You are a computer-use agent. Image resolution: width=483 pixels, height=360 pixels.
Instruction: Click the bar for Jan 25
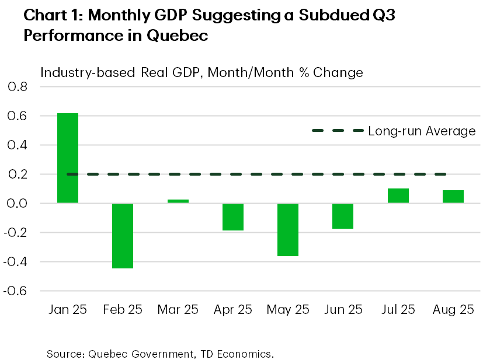pos(68,158)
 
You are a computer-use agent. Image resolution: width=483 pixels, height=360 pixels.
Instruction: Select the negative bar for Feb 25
pos(123,236)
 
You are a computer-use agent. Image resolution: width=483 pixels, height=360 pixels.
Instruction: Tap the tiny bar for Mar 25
pos(178,201)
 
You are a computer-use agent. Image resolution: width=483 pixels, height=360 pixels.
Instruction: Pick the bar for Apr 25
pos(233,217)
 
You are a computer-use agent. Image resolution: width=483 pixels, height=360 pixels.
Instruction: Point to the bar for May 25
pos(288,230)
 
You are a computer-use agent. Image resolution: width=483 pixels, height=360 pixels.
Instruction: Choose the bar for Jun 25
pos(343,216)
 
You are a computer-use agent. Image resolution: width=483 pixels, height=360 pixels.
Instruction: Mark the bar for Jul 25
pos(398,196)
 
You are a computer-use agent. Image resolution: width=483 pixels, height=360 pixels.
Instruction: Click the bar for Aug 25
pos(453,197)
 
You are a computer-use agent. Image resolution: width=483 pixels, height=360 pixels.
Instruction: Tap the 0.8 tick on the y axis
pos(18,87)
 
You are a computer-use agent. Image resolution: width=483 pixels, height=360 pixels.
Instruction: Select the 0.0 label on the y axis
pos(18,204)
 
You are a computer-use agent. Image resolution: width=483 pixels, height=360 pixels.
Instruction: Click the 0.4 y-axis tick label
pos(18,145)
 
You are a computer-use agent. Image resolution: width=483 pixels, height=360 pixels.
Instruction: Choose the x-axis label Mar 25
pos(178,309)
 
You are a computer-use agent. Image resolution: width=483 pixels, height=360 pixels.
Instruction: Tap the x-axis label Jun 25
pos(343,309)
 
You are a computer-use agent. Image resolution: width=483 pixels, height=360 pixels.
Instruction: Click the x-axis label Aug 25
pos(453,309)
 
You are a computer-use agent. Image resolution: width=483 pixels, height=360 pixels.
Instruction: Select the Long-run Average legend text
pos(422,131)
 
